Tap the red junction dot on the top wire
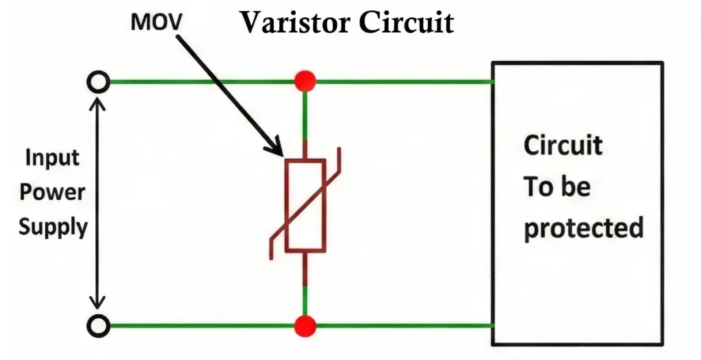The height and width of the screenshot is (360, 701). [x=305, y=82]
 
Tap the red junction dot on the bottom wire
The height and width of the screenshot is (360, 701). [x=305, y=326]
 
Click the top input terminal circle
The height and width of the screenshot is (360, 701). [x=99, y=83]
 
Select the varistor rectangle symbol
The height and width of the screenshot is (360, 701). [x=305, y=205]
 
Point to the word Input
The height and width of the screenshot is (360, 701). [x=52, y=158]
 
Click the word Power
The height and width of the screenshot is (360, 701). [x=52, y=192]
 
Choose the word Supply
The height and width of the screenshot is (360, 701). [x=53, y=227]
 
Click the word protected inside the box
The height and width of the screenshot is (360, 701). [x=583, y=227]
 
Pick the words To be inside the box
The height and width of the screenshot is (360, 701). [x=557, y=186]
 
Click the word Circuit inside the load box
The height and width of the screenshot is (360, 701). [x=563, y=145]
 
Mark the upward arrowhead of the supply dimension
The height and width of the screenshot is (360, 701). [x=99, y=103]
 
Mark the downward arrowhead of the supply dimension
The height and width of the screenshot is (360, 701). [x=99, y=305]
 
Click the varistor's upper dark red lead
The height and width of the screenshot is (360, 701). [x=305, y=149]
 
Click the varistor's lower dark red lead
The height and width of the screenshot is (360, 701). [x=305, y=268]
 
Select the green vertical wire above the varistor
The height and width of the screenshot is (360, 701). [x=305, y=114]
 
